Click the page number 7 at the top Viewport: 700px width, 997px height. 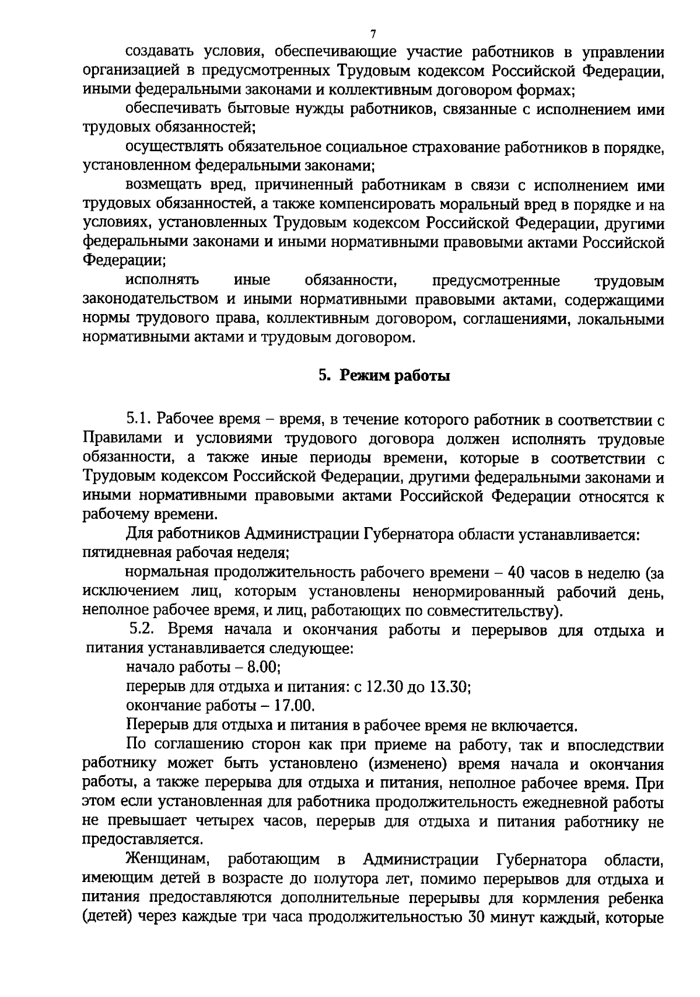pyautogui.click(x=373, y=33)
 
